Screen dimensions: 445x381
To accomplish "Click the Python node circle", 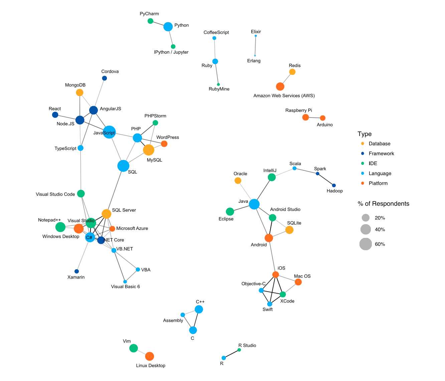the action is [168, 27].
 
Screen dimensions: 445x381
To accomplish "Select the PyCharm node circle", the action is [150, 21].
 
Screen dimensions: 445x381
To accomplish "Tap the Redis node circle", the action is [292, 72].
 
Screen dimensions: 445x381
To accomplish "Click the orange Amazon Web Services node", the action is [280, 86].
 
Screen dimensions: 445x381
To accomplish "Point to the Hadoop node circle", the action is [334, 185].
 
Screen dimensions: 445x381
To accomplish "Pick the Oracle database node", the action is [238, 180].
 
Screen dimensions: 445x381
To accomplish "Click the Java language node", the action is [254, 204].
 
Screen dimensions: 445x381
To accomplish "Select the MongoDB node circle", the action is [80, 92].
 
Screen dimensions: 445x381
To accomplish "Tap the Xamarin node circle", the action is [77, 271].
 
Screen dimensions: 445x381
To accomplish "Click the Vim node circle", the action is [134, 348].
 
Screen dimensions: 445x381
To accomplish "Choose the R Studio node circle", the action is [239, 350].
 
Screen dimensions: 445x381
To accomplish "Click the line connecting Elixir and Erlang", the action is [255, 46].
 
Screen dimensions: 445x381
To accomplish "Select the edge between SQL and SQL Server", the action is [115, 190].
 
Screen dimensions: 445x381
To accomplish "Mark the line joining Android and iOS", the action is [272, 256].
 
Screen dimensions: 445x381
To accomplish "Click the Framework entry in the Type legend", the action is [378, 153].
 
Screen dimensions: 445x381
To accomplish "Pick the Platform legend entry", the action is [375, 183].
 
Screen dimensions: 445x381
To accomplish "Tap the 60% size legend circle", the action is [365, 244].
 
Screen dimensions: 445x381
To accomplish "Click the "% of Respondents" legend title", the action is [383, 204].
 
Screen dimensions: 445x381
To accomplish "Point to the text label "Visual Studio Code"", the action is [55, 194].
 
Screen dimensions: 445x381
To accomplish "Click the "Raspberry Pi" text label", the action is [299, 110].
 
